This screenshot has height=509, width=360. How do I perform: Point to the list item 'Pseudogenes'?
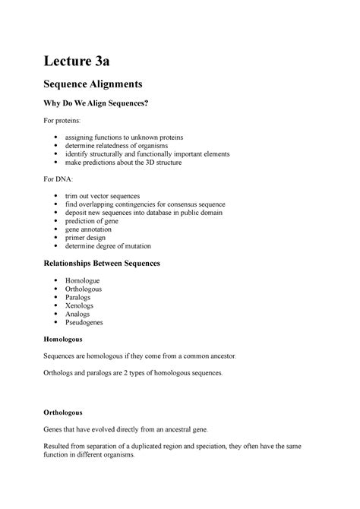click(87, 322)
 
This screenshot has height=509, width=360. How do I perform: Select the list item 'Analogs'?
click(81, 313)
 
